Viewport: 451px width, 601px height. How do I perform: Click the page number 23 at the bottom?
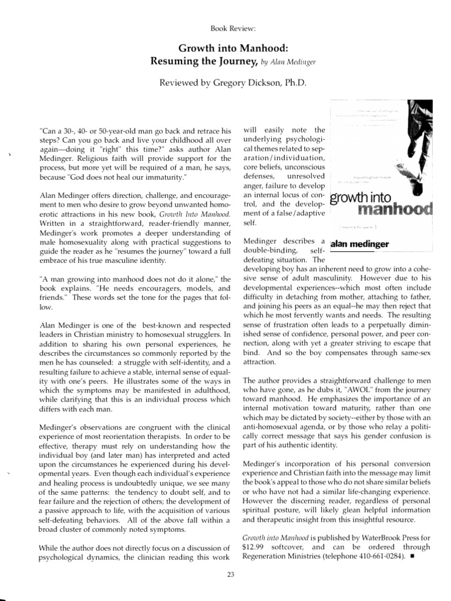coord(230,575)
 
